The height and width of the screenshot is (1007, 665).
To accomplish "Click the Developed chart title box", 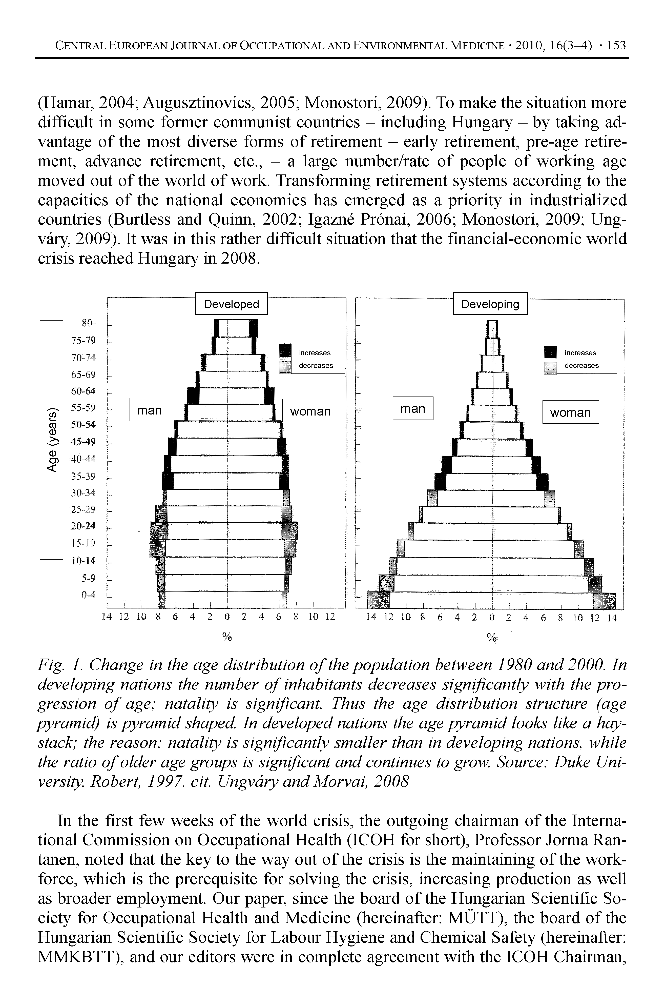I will pyautogui.click(x=231, y=304).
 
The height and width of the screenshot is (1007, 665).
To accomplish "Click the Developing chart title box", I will pyautogui.click(x=490, y=304).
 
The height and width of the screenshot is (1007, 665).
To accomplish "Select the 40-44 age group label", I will pyautogui.click(x=84, y=459).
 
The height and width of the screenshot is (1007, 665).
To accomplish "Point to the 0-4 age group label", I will pyautogui.click(x=89, y=595).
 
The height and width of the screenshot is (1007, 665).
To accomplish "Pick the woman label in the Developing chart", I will pyautogui.click(x=570, y=412).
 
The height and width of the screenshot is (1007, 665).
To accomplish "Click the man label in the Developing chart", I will pyautogui.click(x=413, y=408).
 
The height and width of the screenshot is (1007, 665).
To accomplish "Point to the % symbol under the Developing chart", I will pyautogui.click(x=492, y=637).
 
